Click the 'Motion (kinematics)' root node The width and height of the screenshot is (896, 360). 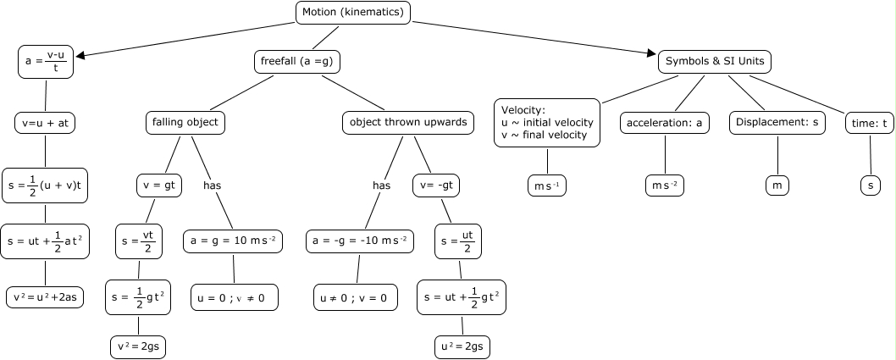(354, 12)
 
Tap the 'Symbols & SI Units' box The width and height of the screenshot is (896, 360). (715, 61)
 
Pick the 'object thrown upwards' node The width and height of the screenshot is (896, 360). (408, 122)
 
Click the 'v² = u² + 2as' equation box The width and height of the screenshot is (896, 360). (45, 297)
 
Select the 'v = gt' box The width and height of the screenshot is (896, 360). (156, 185)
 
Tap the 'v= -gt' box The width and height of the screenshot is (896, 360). (436, 185)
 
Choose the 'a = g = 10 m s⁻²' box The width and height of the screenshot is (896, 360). (233, 241)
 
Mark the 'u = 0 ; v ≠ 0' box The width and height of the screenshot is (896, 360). (234, 297)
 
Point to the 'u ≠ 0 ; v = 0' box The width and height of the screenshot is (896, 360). (357, 297)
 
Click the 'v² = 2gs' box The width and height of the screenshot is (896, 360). (138, 346)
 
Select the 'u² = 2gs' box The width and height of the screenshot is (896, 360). (462, 346)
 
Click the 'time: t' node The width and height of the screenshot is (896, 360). (870, 122)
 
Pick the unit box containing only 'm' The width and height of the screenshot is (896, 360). (777, 185)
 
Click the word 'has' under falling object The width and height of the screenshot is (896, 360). (213, 185)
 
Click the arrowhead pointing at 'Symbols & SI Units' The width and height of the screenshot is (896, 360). (652, 55)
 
